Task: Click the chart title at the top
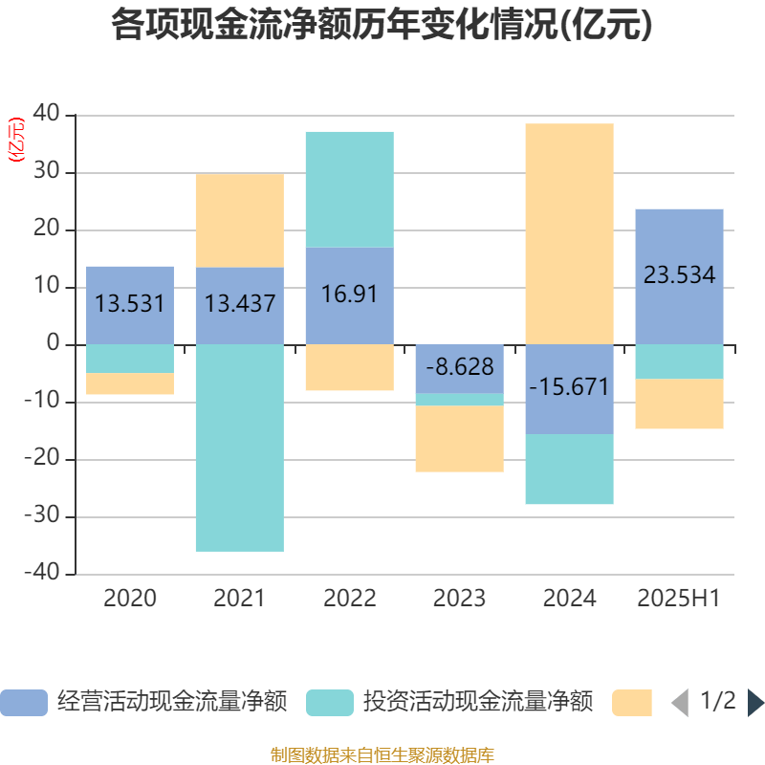382,26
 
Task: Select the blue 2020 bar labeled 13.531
130,304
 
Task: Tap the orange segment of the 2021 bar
239,220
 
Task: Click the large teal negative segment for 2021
239,448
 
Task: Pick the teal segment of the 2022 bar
349,189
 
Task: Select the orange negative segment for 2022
349,367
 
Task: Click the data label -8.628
459,367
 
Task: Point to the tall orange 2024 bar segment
569,233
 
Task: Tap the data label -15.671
569,387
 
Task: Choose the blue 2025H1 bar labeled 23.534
679,275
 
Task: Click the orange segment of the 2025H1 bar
679,404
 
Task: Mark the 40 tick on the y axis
47,116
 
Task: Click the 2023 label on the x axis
459,599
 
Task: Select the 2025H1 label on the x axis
678,599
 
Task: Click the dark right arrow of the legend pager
754,703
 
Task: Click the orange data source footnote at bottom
382,754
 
